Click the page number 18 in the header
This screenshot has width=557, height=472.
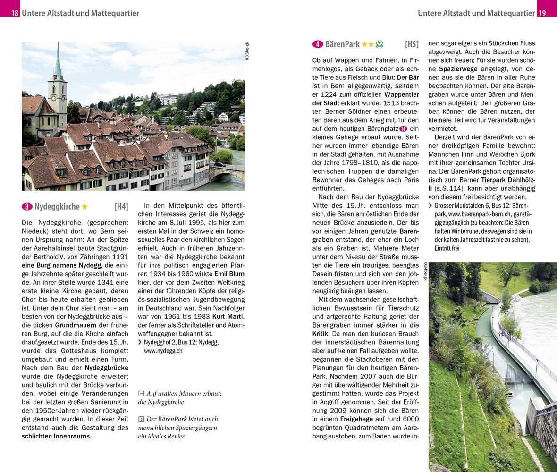[x=15, y=13]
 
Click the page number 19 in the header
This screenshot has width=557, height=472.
[x=542, y=13]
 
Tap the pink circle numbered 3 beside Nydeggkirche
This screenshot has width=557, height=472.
[x=27, y=206]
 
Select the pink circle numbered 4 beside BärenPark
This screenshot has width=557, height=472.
[x=318, y=44]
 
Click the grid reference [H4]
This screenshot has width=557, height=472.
[x=121, y=206]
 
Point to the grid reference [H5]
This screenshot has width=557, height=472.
[x=412, y=44]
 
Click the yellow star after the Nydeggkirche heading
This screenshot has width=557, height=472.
[x=84, y=206]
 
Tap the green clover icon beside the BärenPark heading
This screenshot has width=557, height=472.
[x=379, y=44]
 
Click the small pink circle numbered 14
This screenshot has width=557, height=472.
[x=403, y=129]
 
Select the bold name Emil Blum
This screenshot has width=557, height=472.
[x=229, y=273]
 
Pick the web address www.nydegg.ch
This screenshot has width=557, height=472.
[x=163, y=351]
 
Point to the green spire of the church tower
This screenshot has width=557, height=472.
[x=58, y=61]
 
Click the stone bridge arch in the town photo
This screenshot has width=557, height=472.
[x=227, y=173]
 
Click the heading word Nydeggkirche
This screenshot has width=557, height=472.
[x=57, y=206]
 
